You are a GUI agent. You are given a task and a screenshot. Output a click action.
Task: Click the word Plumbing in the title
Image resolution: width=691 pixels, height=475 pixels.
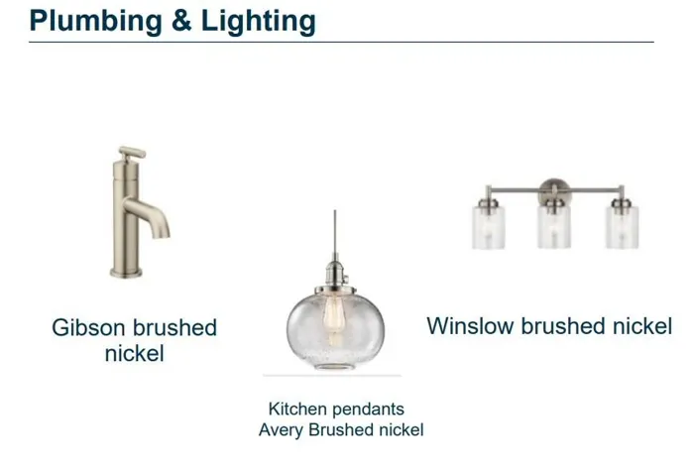pyautogui.click(x=95, y=21)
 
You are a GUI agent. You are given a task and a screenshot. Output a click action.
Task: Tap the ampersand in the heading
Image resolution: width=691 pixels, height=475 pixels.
pyautogui.click(x=181, y=21)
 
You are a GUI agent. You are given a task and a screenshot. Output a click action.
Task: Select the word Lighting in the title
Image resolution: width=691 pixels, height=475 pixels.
pyautogui.click(x=258, y=22)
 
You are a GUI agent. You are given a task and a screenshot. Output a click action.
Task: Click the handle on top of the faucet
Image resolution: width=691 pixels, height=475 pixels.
pyautogui.click(x=132, y=153)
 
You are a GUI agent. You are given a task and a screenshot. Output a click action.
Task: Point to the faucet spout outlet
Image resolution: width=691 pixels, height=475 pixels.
pyautogui.click(x=162, y=234)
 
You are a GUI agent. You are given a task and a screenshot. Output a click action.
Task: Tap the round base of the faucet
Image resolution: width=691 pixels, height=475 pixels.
pyautogui.click(x=126, y=273)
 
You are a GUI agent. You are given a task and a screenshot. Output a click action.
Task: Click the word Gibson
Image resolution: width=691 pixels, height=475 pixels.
pyautogui.click(x=88, y=328)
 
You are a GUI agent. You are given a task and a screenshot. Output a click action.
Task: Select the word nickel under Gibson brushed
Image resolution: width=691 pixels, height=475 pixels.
pyautogui.click(x=135, y=353)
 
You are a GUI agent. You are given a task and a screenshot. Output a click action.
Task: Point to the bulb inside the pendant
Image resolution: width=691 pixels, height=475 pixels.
pyautogui.click(x=333, y=318)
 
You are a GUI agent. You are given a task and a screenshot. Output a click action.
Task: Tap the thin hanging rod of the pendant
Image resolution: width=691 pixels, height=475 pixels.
pyautogui.click(x=334, y=234)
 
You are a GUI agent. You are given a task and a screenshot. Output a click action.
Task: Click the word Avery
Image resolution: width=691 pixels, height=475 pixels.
pyautogui.click(x=282, y=430)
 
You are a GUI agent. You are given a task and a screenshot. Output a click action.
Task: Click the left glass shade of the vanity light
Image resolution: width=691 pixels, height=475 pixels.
pyautogui.click(x=489, y=227)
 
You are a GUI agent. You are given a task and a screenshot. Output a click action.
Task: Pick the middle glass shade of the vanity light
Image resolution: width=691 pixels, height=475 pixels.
pyautogui.click(x=554, y=227)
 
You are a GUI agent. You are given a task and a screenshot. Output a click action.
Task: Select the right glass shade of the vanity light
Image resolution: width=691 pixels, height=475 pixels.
pyautogui.click(x=622, y=227)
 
